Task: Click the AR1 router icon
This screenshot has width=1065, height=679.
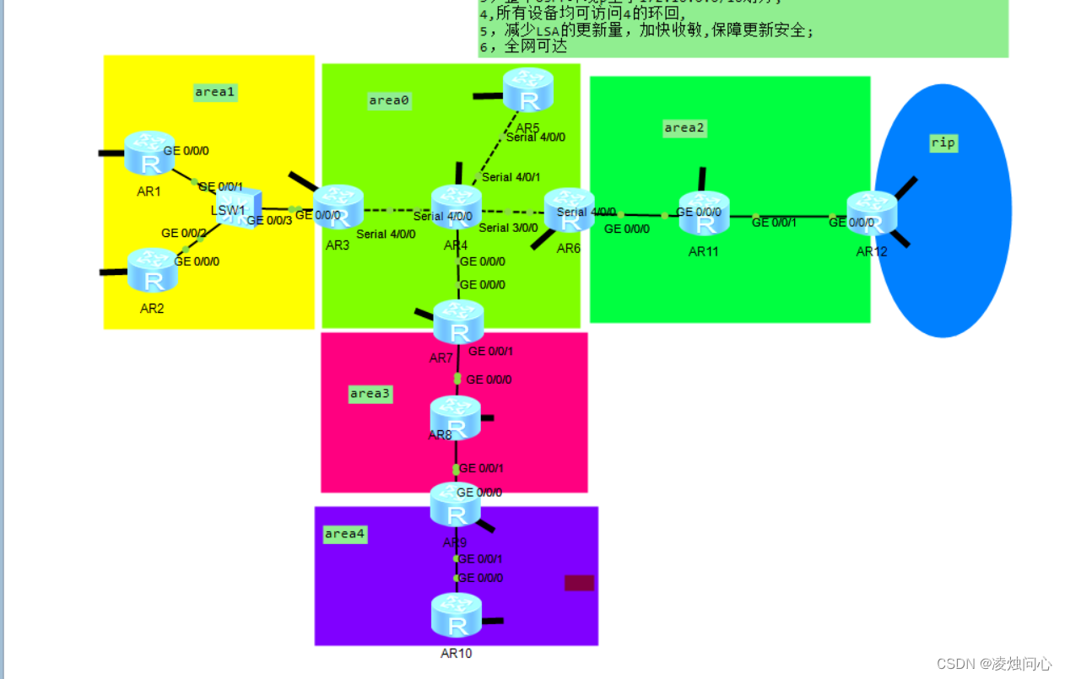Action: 149,154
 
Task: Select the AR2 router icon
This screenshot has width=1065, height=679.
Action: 153,270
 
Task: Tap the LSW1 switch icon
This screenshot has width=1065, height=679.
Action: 233,208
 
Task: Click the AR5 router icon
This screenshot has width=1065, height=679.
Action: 527,90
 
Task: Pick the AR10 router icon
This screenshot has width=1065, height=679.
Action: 457,616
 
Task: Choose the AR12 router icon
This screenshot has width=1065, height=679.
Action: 871,213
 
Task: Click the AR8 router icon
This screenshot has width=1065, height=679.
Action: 456,417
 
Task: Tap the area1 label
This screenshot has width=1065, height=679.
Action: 215,92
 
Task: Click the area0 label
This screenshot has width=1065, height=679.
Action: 389,100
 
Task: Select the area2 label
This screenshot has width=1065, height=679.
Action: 684,128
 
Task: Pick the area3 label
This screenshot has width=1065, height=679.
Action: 370,394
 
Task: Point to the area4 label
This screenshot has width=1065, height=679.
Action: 345,534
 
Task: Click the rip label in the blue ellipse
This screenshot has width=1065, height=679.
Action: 943,143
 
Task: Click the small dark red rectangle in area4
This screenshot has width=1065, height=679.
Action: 579,583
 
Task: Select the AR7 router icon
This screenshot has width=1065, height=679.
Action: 458,321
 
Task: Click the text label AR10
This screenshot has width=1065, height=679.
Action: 457,653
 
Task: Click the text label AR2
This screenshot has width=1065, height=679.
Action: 152,309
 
